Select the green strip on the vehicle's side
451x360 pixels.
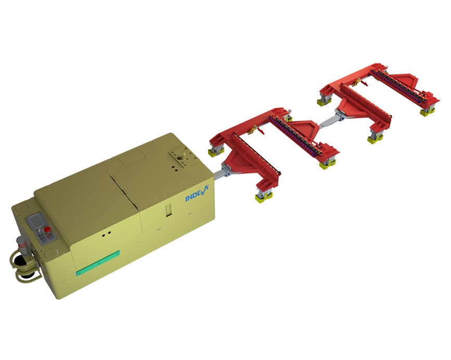pos(97,263)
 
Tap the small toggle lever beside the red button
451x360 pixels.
pos(39,237)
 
